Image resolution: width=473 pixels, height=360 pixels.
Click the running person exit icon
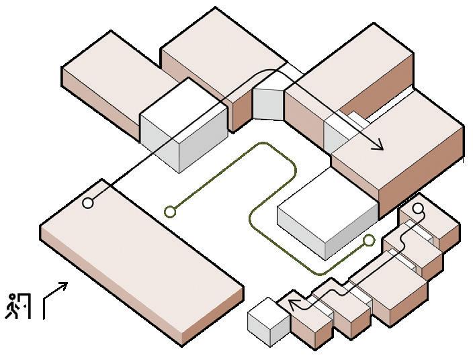click(19, 305)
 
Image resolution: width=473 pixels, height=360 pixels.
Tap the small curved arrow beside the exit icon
click(55, 298)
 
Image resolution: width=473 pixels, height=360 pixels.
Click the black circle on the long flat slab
click(87, 203)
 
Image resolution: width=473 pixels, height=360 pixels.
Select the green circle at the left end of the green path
click(170, 212)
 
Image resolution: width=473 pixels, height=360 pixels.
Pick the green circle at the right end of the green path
click(368, 240)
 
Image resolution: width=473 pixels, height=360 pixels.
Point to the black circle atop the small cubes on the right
click(418, 208)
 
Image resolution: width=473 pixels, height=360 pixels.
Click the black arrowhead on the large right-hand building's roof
click(378, 146)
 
